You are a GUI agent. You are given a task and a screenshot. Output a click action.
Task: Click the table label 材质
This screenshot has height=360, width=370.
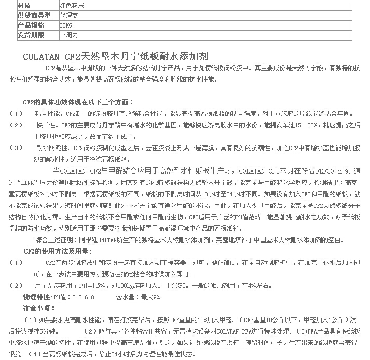[24, 6]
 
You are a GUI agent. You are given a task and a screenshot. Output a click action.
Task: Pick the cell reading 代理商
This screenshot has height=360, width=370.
[68, 16]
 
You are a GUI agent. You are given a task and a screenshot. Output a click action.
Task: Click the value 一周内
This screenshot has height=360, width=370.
[68, 35]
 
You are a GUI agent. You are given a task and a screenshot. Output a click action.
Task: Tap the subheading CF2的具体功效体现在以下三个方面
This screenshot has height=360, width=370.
[78, 102]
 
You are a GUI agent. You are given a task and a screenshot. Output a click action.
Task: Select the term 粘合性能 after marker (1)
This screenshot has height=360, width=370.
[46, 113]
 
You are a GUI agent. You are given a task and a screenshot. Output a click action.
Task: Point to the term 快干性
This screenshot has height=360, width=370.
[45, 125]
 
